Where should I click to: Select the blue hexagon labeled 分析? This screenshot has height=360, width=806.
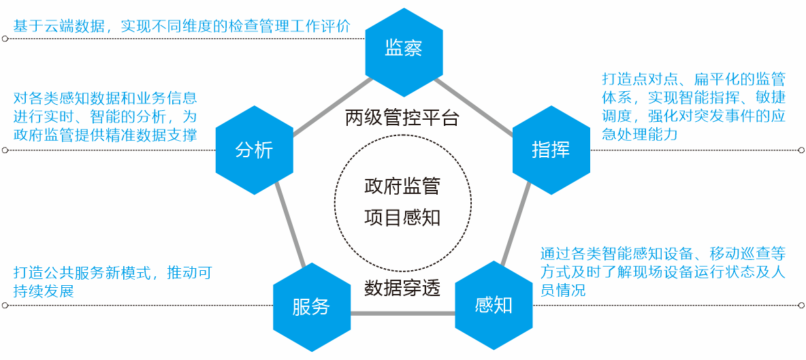[254, 150]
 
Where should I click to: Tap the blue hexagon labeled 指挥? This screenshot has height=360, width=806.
[551, 150]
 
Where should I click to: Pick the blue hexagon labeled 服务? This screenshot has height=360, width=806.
[312, 307]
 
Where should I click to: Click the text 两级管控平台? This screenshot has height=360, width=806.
[402, 118]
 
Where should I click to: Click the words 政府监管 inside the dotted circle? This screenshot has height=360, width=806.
[402, 186]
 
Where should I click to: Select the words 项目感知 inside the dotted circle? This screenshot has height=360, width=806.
[402, 217]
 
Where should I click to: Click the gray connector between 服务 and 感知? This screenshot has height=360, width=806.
[403, 314]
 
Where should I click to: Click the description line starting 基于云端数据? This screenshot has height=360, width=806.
[182, 26]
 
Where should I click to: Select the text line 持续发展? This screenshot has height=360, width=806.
[44, 291]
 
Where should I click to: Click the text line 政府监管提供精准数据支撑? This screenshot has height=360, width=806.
[106, 135]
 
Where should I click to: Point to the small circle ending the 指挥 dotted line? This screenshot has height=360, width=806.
[802, 150]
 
